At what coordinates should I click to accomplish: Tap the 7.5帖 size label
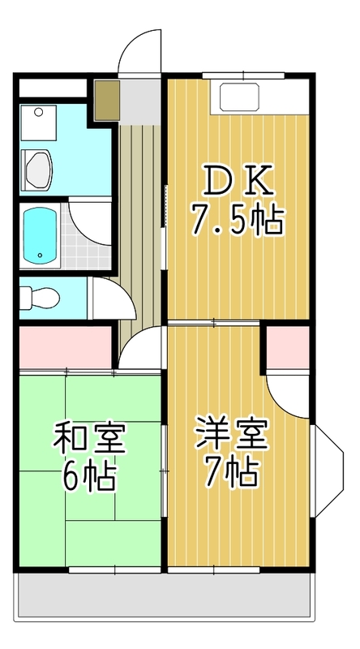pyautogui.click(x=237, y=218)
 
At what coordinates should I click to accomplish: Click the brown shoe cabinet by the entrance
pyautogui.click(x=106, y=100)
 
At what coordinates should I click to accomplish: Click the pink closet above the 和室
pyautogui.click(x=65, y=345)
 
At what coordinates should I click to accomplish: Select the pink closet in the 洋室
pyautogui.click(x=289, y=345)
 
